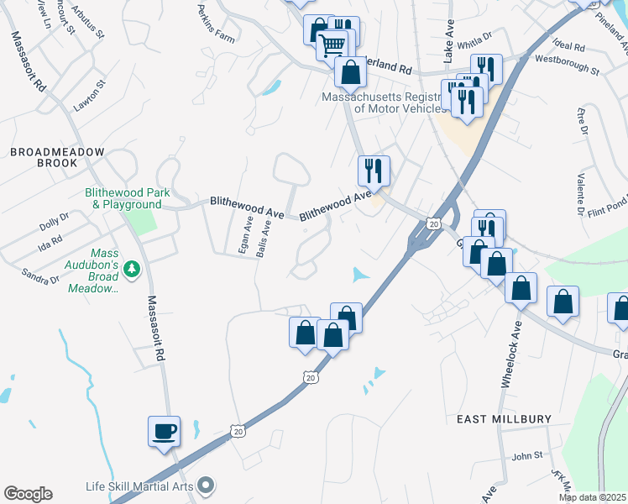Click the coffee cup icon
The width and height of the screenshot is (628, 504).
[x=165, y=432]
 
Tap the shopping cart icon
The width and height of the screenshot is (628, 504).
[x=332, y=45]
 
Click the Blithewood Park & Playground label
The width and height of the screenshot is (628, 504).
[x=127, y=198]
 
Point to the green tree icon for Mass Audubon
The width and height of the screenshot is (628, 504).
[x=131, y=269]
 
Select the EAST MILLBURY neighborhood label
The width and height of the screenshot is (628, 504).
[x=504, y=418]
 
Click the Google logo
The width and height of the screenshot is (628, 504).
[x=28, y=494]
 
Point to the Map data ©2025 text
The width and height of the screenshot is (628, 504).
[x=591, y=497]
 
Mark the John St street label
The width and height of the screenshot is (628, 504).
[x=527, y=456]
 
